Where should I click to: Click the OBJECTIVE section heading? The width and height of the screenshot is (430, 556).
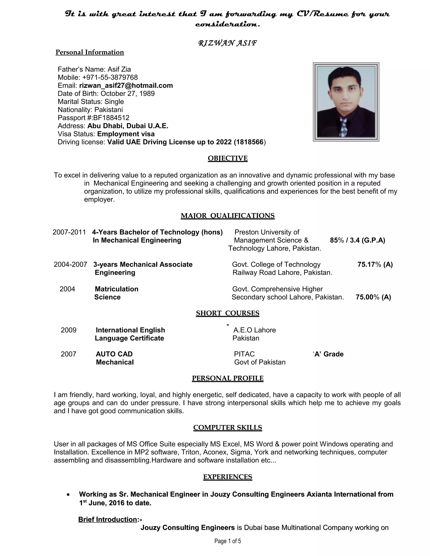[227, 158]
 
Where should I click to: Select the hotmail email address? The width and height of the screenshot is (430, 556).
[126, 86]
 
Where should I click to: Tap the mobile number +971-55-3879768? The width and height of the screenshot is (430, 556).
[110, 77]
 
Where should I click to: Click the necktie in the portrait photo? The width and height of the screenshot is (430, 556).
[344, 127]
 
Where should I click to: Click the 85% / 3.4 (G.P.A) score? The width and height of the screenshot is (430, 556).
[357, 240]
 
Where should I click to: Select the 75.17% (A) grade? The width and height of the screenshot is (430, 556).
[375, 265]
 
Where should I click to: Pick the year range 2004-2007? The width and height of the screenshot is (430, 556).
[70, 265]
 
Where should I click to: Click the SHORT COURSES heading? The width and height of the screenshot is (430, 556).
[227, 313]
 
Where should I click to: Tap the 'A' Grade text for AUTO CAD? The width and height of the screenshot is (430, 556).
[328, 354]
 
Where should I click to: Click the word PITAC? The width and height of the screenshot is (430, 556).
[244, 354]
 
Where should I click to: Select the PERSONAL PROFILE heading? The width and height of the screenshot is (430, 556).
[227, 378]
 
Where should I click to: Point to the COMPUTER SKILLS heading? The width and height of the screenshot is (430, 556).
[227, 427]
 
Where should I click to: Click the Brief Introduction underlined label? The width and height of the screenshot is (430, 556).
[107, 519]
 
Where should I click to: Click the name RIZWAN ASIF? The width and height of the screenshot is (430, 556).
[227, 43]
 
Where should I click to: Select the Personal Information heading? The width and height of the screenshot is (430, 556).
[90, 52]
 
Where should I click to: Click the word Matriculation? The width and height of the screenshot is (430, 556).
[116, 289]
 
